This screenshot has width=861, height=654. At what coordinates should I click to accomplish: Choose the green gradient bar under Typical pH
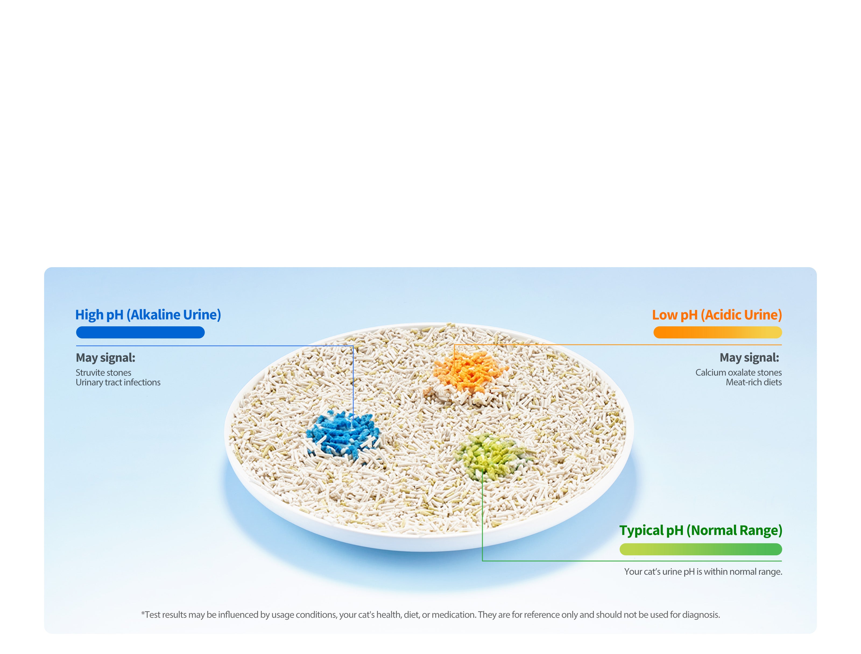point(700,549)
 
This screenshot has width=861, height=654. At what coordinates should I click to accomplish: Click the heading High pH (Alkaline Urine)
point(148,315)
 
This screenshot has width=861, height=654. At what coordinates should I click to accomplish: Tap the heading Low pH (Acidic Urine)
point(717,315)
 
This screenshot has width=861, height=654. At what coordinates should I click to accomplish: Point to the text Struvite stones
point(103,373)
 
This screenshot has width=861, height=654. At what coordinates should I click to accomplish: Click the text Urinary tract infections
point(118,382)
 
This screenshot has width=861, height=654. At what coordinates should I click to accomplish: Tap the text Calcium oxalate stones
point(738,373)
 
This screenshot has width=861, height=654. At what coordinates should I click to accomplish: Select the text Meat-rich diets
point(753,382)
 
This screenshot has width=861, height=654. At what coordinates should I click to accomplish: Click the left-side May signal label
point(105,357)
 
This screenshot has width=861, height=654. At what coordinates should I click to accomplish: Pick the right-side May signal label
point(749,357)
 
